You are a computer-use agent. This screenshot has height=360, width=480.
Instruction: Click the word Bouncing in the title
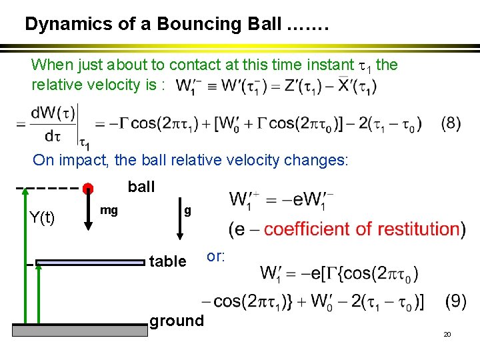click(x=218, y=25)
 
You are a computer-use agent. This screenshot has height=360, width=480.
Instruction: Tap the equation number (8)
click(x=451, y=125)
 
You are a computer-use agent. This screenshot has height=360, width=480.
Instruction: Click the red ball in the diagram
click(x=88, y=188)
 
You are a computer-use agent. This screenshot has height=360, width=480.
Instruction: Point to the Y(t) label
click(x=42, y=217)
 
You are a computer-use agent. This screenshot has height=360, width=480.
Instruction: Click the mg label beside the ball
click(x=109, y=211)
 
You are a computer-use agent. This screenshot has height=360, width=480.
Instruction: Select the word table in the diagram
click(x=167, y=261)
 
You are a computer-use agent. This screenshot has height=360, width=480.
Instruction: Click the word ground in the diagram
click(x=177, y=321)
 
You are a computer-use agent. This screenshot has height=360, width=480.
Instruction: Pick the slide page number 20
click(x=447, y=333)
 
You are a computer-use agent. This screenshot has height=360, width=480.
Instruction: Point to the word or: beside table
click(x=216, y=256)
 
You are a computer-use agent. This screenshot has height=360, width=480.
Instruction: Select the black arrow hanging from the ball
click(x=88, y=212)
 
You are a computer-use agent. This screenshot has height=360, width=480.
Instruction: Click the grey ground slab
click(x=80, y=329)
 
